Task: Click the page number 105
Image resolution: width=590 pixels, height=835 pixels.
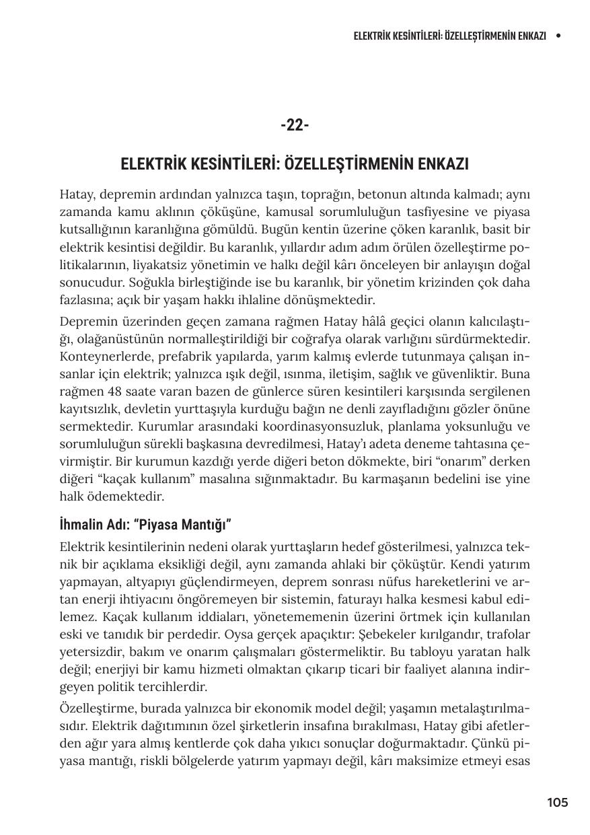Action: (x=557, y=802)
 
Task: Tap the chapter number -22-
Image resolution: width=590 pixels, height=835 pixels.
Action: (x=295, y=126)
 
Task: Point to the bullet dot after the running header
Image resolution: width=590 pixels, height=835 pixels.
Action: (x=558, y=36)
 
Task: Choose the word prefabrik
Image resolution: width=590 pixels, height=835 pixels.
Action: (x=168, y=357)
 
